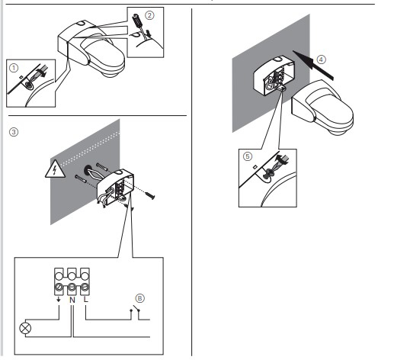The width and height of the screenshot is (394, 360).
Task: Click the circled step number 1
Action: (14, 68)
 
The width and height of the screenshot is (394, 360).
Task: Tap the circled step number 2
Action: (149, 15)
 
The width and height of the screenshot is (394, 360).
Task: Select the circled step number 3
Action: (14, 132)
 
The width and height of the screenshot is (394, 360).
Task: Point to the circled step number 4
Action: (321, 59)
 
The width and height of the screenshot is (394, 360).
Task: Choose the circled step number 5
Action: (248, 156)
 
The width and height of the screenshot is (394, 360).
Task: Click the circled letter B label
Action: (139, 298)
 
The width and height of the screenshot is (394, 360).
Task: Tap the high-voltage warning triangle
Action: (55, 169)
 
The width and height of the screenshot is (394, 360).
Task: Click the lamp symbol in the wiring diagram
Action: (25, 328)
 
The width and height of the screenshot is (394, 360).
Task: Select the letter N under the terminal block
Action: (72, 300)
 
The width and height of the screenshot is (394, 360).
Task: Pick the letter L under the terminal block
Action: (86, 300)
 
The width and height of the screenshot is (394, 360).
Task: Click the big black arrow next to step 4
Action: (312, 65)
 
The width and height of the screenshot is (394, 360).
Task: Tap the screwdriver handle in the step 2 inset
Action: (137, 20)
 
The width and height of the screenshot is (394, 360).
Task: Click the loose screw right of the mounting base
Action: (149, 196)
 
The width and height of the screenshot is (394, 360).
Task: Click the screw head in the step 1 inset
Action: (29, 85)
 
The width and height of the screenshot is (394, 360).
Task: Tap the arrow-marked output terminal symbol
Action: (59, 300)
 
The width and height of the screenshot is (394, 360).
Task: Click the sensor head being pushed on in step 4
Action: (322, 108)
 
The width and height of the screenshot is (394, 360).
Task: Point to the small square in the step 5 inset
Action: (255, 167)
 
